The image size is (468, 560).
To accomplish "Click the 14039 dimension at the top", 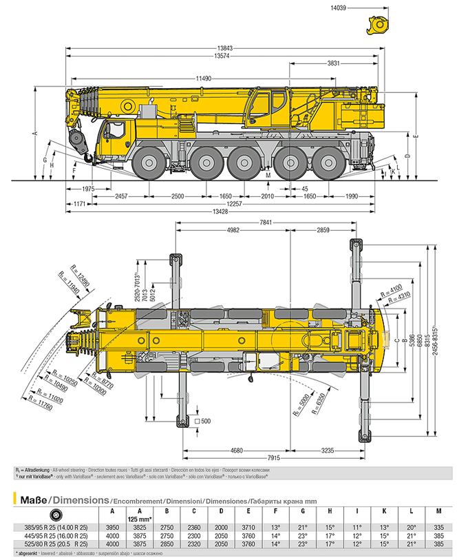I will (x=339, y=8).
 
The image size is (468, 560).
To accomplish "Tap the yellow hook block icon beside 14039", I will (x=379, y=25).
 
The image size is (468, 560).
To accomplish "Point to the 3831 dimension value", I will (x=334, y=63).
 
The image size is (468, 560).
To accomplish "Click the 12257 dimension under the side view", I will (x=235, y=205).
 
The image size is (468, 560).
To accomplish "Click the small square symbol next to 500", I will (x=197, y=420).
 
